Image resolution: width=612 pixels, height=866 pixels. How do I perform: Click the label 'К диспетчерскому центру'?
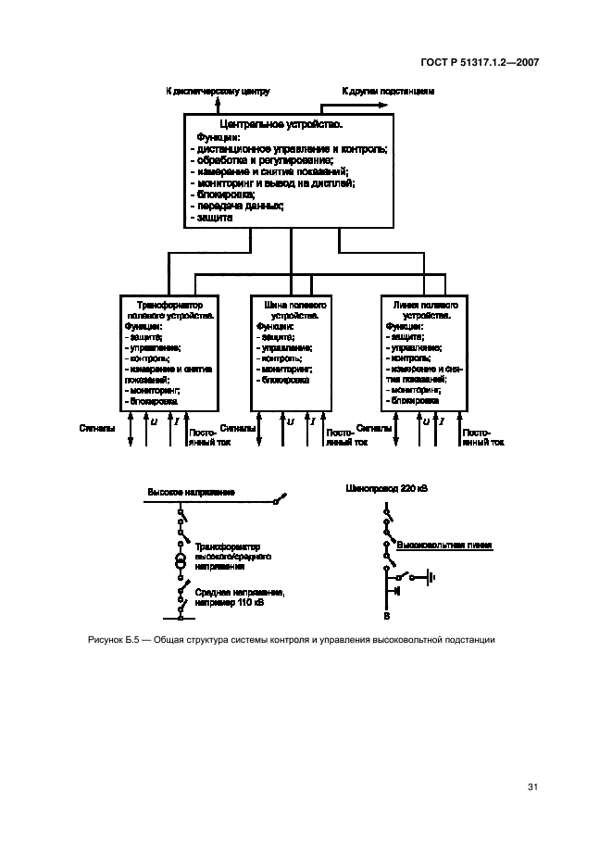click(x=217, y=92)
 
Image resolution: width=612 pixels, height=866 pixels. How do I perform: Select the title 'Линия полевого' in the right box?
click(x=424, y=305)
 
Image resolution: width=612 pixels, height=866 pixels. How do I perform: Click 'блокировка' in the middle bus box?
click(x=285, y=381)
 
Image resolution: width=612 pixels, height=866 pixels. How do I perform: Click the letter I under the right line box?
click(x=443, y=422)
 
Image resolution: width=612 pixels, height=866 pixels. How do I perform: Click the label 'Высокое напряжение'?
click(x=190, y=492)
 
